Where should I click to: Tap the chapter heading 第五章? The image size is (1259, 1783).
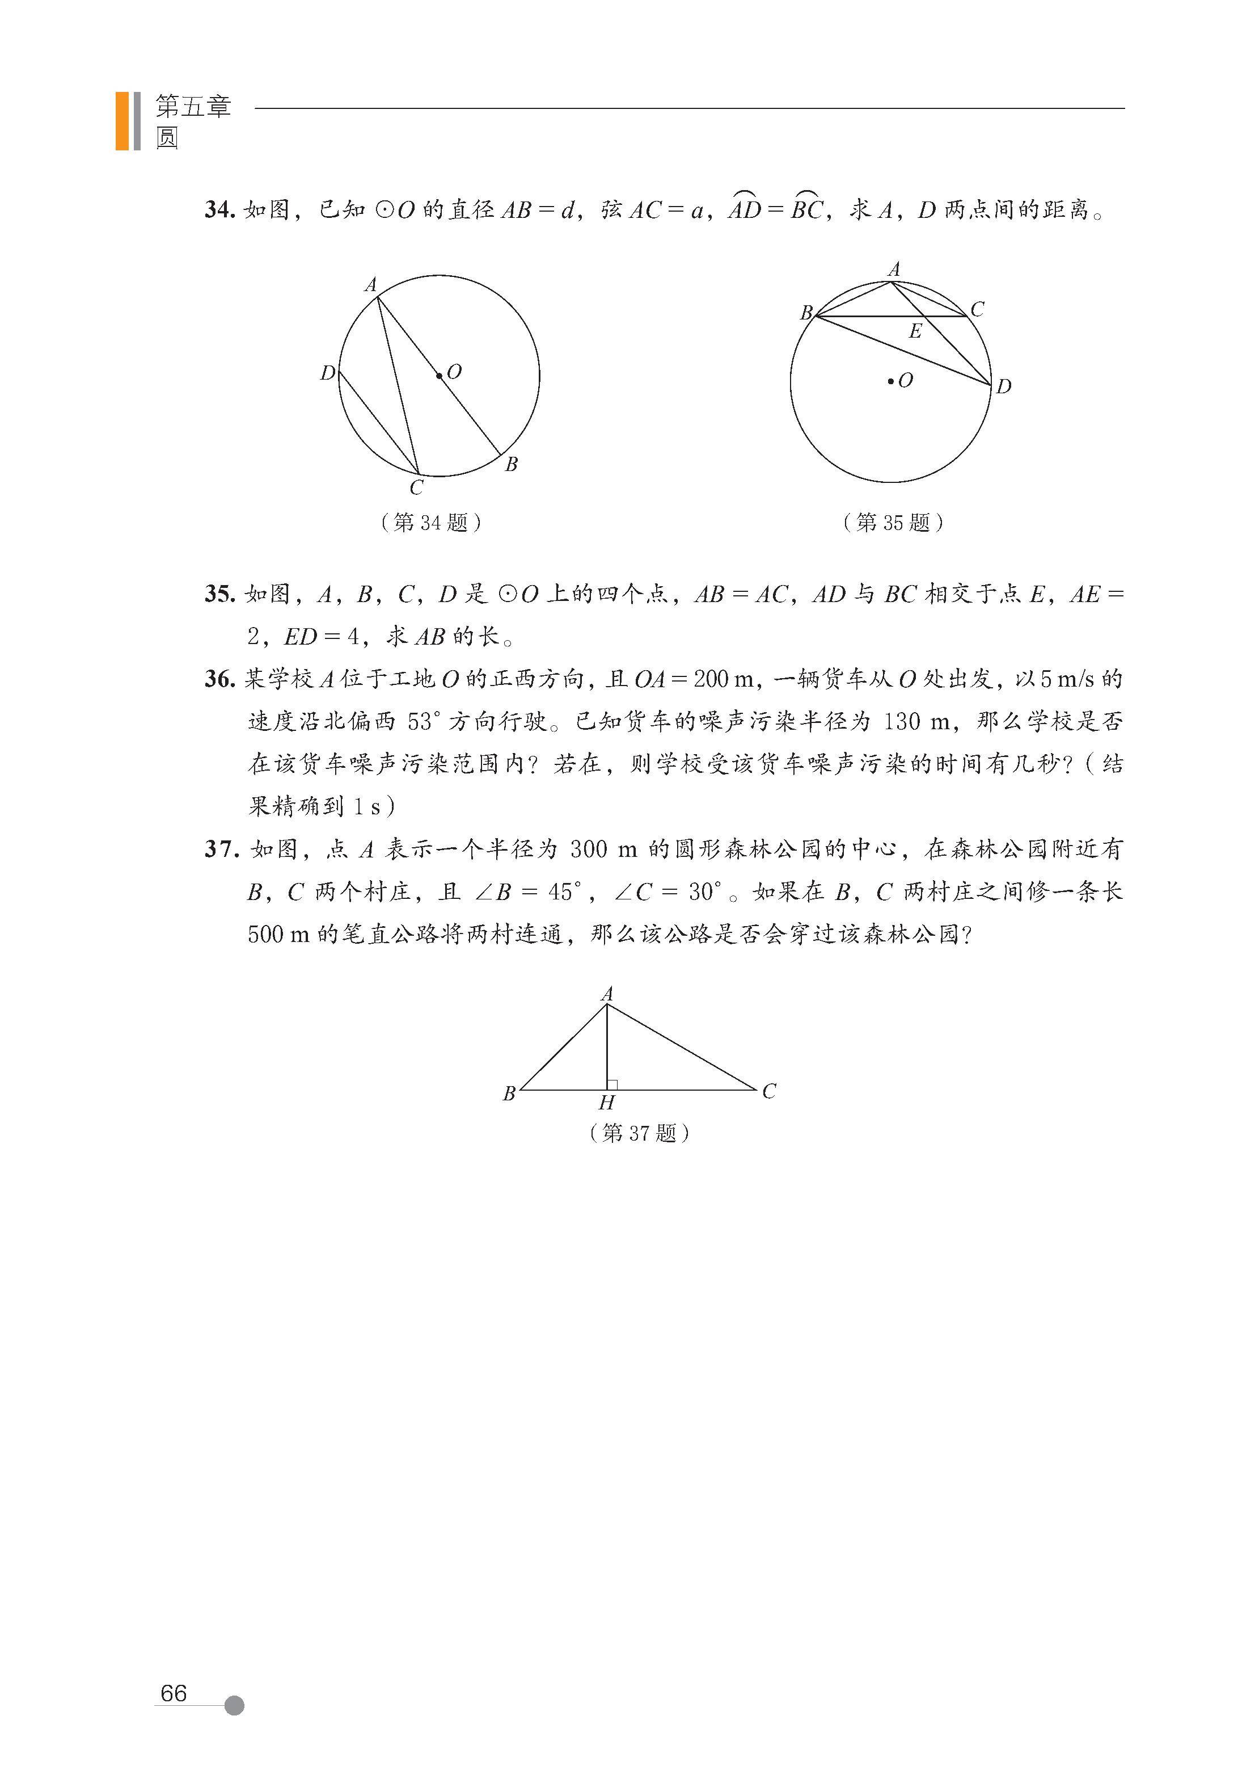coord(193,106)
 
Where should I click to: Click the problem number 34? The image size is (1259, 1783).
coord(219,209)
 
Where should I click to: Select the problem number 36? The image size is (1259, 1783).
coord(219,679)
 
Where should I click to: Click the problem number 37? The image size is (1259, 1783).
coord(219,849)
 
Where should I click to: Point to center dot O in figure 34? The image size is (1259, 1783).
coord(440,376)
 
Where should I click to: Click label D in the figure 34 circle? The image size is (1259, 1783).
coord(328,373)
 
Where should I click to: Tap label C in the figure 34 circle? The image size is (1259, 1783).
coord(417,487)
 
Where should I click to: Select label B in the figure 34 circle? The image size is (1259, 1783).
coord(511,464)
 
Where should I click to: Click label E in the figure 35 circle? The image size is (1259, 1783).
coord(915,331)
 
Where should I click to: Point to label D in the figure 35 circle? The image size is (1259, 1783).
coord(1004,386)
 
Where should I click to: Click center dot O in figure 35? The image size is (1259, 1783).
coord(890,381)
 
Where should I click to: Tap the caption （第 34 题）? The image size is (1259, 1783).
coord(431,523)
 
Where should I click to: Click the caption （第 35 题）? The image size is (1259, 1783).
coord(893,523)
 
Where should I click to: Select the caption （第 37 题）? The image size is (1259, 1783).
coord(639,1133)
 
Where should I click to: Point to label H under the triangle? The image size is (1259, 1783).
coord(606,1103)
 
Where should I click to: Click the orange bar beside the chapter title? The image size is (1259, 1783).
coord(122,120)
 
